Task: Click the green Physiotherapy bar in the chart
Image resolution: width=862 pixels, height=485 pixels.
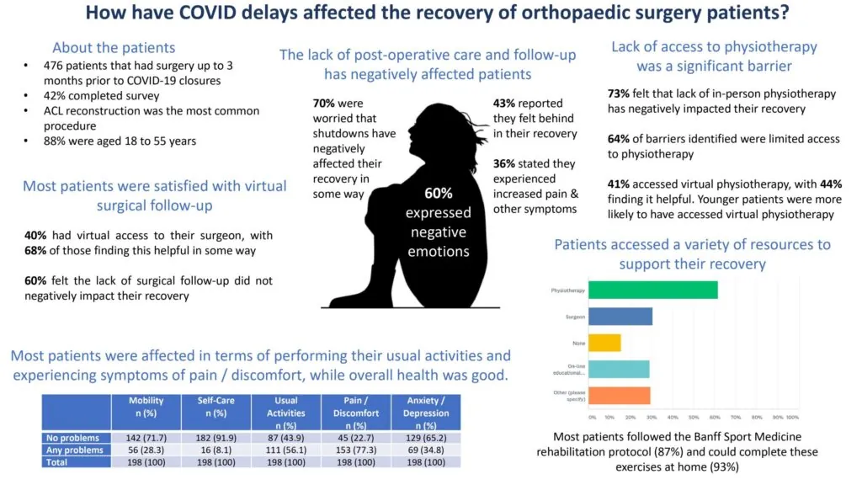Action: point(652,290)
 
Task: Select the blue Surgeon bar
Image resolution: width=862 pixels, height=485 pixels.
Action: point(620,316)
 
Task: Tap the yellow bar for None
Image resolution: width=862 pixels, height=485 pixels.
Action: point(604,342)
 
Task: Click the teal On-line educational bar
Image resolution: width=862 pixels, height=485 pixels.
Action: point(619,369)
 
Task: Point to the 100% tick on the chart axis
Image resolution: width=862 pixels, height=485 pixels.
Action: point(793,417)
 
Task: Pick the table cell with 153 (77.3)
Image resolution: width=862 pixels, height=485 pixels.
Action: point(356,450)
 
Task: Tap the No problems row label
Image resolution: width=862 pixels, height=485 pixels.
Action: point(75,438)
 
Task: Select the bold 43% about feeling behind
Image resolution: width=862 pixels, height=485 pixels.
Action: point(507,103)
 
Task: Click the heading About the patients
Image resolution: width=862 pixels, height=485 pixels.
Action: point(114,47)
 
